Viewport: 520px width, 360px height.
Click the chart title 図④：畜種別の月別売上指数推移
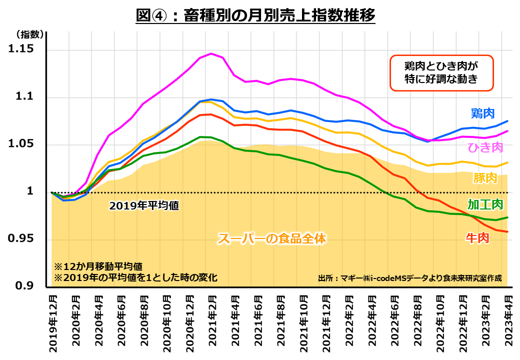pyautogui.click(x=255, y=15)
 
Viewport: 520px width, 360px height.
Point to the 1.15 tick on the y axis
pyautogui.click(x=23, y=49)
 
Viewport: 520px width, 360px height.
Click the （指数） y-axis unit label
pyautogui.click(x=27, y=34)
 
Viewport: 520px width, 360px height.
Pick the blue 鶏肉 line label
pyautogui.click(x=482, y=113)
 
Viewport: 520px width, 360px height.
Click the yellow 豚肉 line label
pyautogui.click(x=484, y=178)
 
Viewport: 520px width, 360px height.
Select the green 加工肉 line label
pyautogui.click(x=485, y=204)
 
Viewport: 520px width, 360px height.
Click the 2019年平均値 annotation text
pyautogui.click(x=144, y=205)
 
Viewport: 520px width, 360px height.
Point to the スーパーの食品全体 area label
pyautogui.click(x=271, y=239)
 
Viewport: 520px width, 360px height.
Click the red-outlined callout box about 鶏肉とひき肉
pyautogui.click(x=441, y=72)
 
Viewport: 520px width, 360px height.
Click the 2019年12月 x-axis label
pyautogui.click(x=52, y=324)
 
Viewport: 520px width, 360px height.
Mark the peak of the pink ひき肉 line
pyautogui.click(x=211, y=53)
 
